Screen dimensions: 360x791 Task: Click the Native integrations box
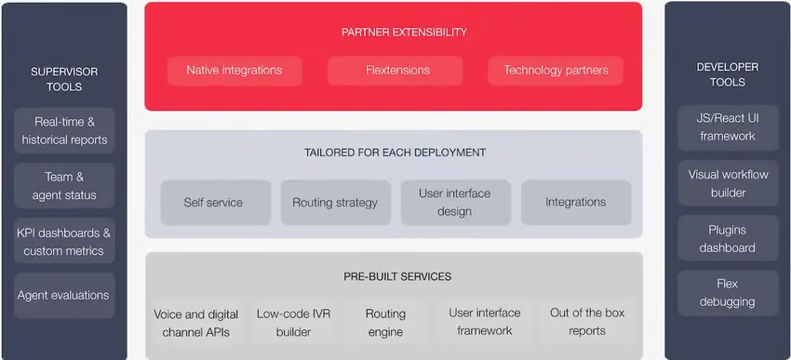point(234,71)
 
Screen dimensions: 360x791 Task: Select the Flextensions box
point(395,71)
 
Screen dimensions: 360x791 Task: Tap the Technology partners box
point(556,71)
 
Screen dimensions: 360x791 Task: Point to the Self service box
point(214,202)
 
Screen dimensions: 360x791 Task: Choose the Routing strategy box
point(335,202)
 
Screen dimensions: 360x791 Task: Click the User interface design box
point(455,202)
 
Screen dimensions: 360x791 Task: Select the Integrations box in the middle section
point(575,202)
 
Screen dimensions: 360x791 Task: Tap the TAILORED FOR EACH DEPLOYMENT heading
point(395,153)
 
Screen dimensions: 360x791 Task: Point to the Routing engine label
point(384,323)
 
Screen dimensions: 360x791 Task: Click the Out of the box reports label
point(587,322)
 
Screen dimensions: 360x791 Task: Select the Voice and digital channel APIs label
point(196,323)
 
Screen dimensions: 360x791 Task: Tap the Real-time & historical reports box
point(65,131)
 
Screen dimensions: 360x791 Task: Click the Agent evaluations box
point(63,296)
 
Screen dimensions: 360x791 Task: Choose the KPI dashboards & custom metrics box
point(65,242)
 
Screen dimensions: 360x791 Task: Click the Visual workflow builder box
point(728,184)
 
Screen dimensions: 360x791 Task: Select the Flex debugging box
point(728,293)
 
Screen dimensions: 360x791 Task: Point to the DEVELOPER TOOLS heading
point(728,74)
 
